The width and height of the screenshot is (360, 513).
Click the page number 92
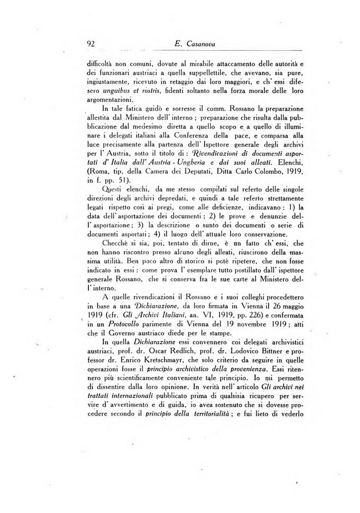(x=88, y=43)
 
